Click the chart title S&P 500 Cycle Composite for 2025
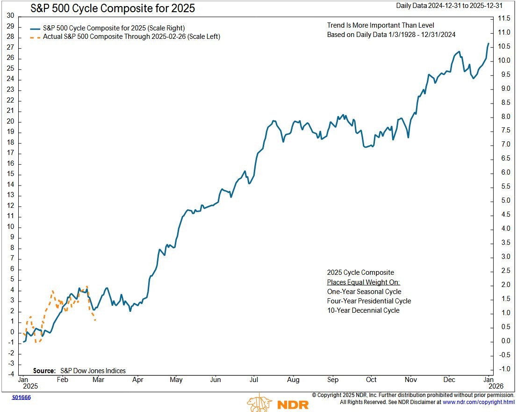112,8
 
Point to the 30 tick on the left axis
10,15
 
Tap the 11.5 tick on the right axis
503,18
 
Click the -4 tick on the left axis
10,374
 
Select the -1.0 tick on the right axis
503,369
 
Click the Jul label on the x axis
254,380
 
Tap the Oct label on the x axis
371,380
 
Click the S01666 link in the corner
21,397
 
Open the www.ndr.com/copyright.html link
479,402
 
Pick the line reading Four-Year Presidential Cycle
369,301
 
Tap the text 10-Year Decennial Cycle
363,310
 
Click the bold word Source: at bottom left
44,371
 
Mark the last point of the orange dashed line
95,320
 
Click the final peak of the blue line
488,44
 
